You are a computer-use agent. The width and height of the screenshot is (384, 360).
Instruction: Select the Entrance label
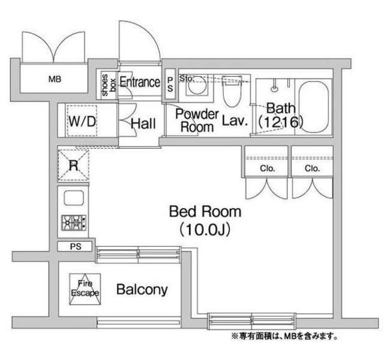[140, 82]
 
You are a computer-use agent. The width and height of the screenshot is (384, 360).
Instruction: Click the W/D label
[82, 121]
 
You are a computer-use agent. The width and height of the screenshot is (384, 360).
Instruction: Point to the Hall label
[143, 124]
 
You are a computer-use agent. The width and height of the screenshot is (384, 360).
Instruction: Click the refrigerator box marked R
[73, 164]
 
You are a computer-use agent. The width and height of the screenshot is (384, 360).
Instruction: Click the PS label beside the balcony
[74, 247]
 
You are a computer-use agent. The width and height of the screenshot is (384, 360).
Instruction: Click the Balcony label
[142, 290]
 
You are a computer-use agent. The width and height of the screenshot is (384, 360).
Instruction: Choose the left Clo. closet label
[267, 169]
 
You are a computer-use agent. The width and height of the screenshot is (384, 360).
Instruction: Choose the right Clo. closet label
[312, 169]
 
